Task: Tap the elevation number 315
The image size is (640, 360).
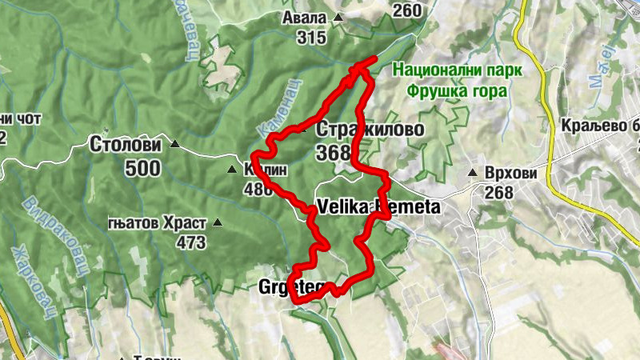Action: [310, 38]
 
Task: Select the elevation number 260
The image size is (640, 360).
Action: [407, 10]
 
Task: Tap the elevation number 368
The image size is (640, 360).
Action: [334, 152]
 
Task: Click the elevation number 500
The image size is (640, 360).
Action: [142, 168]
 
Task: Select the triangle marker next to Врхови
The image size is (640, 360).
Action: [474, 173]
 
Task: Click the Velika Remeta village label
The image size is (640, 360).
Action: [378, 208]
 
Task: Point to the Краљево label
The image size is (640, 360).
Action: [596, 127]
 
